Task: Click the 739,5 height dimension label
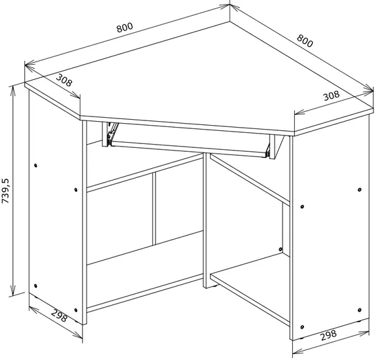pos(5,191)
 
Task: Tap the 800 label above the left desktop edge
pos(125,27)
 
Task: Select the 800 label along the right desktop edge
pos(305,41)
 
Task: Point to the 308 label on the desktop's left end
pos(64,80)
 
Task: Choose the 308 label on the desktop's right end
pos(332,96)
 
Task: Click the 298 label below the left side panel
pos(60,315)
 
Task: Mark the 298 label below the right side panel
pos(329,335)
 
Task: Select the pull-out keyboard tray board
pos(189,149)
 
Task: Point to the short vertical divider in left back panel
pos(154,209)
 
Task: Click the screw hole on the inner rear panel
pos(281,249)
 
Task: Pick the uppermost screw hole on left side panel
pos(36,166)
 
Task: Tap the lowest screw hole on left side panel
pos(76,310)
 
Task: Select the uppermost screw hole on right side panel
pos(359,190)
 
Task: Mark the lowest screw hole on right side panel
pos(302,327)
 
